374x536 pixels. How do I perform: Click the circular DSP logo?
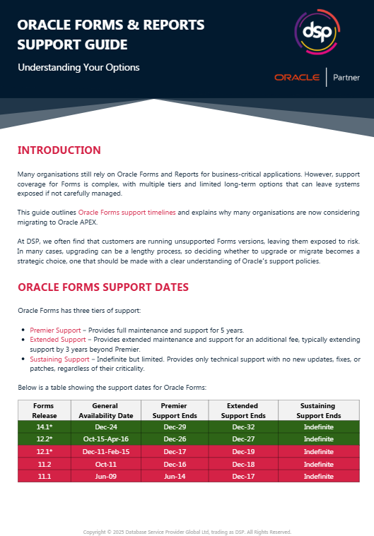tap(312, 32)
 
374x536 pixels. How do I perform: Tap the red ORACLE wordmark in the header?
tap(298, 78)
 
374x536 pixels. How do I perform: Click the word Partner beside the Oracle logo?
tap(346, 78)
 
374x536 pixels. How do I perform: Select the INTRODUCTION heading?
tap(59, 150)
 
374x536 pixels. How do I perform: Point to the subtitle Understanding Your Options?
tap(78, 68)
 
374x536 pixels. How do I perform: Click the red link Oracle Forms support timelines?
tap(127, 212)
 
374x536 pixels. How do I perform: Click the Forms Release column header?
tap(42, 410)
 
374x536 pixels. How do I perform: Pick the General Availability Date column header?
tap(105, 410)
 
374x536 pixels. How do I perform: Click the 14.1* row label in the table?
tap(42, 427)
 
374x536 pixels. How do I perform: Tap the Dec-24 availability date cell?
tap(105, 427)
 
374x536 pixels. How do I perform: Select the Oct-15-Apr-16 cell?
tap(105, 439)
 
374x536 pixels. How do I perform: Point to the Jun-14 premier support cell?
tap(173, 477)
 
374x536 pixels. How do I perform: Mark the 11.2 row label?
tap(42, 464)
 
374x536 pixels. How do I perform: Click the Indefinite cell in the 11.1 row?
tap(319, 477)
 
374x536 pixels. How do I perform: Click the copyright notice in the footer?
tap(187, 532)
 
